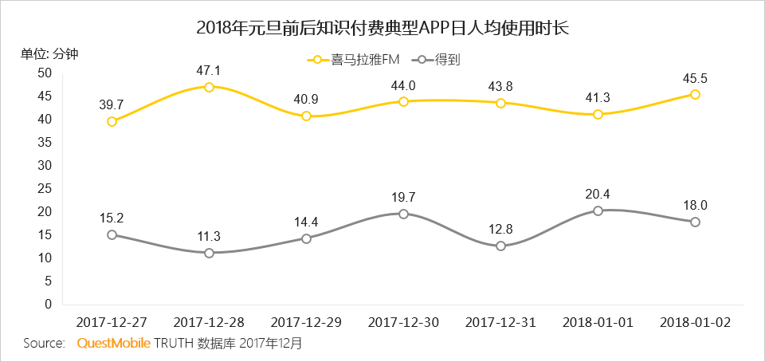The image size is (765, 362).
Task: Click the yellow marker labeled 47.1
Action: pos(209,87)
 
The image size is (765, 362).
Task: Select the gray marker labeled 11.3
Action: pos(209,253)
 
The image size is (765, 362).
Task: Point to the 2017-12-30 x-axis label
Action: pos(403,322)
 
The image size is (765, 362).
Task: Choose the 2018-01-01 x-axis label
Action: pos(598,322)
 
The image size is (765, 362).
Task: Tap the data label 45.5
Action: pos(695,78)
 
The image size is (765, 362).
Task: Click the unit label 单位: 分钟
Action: pos(49,53)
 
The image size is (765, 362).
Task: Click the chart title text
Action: pos(382,27)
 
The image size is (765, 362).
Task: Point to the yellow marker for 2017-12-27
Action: pos(112,121)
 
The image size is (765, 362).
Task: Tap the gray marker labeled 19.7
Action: pos(403,214)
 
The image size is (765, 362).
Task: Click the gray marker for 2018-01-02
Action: pos(695,222)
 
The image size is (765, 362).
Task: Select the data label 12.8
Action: pos(500,229)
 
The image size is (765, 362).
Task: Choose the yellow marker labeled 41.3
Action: pos(598,114)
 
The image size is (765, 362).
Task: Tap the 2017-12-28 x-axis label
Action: pos(209,322)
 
